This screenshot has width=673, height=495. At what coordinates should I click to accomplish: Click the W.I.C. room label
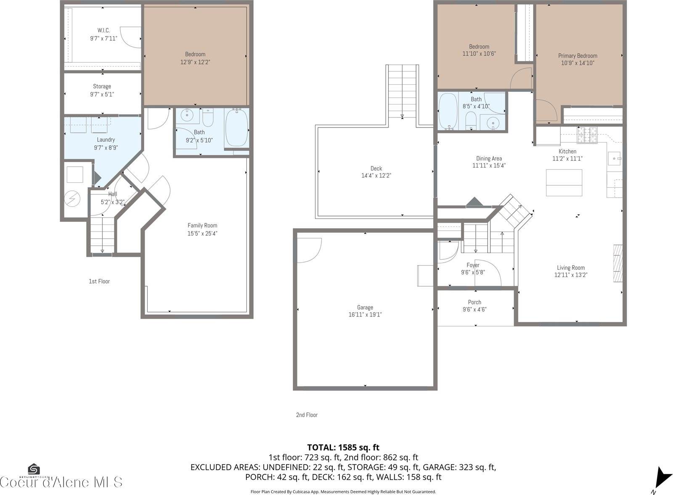click(103, 34)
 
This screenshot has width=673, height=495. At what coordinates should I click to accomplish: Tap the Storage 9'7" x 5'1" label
click(102, 90)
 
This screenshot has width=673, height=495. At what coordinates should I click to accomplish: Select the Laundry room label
click(106, 144)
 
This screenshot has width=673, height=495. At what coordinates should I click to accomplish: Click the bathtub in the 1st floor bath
click(237, 128)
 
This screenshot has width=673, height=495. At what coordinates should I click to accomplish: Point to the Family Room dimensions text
click(202, 233)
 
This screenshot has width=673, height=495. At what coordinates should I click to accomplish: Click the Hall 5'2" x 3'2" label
click(112, 198)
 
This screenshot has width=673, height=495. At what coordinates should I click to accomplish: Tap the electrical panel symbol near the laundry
click(74, 198)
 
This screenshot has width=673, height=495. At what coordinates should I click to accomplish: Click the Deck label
click(376, 172)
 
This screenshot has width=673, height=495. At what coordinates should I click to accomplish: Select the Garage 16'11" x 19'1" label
click(365, 311)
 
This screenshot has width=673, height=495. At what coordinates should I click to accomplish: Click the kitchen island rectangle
click(564, 182)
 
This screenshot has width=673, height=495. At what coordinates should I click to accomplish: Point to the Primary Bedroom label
click(578, 59)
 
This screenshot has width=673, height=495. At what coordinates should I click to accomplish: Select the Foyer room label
click(473, 269)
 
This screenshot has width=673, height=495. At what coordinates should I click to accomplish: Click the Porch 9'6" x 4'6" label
click(474, 306)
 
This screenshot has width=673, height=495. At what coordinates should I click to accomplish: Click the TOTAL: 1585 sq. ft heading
click(343, 447)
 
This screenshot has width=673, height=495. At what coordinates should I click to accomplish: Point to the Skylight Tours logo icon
click(34, 469)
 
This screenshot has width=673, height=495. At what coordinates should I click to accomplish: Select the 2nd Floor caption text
click(307, 415)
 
